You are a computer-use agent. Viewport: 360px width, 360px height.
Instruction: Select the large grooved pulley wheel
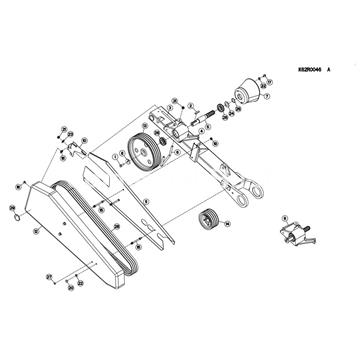click(146, 152)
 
